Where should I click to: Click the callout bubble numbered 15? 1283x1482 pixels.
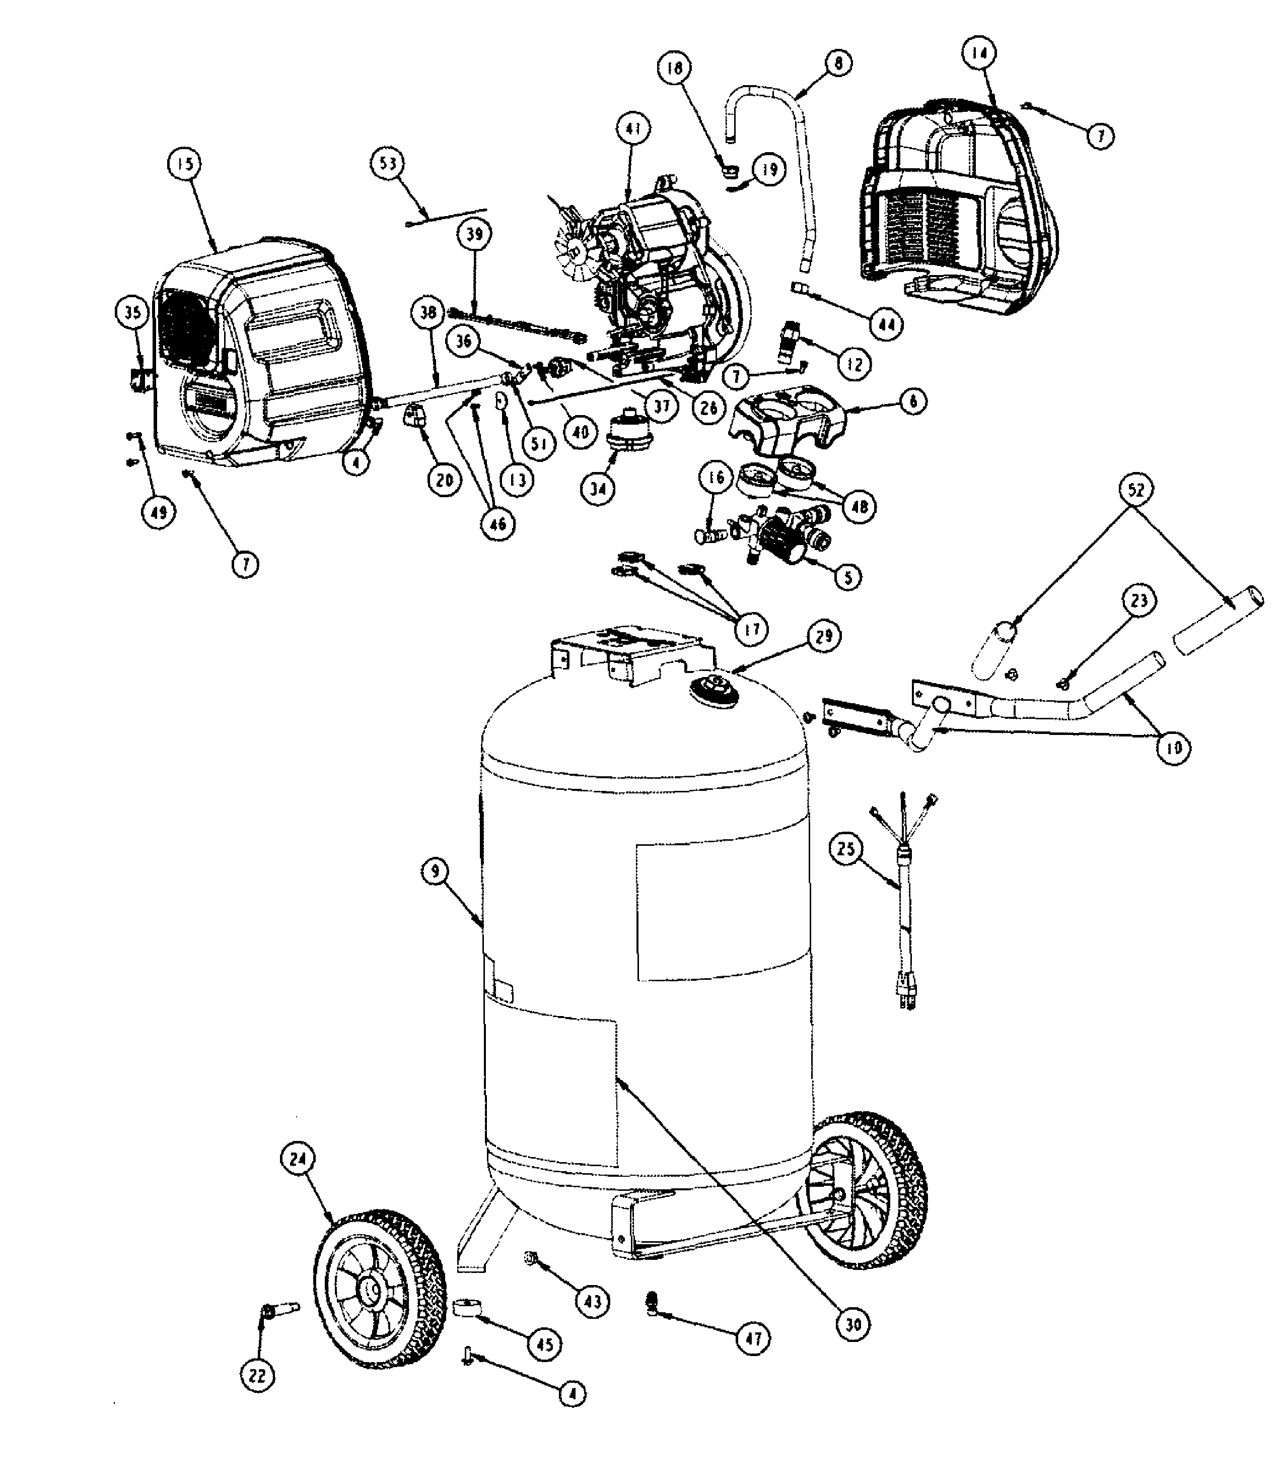(x=185, y=164)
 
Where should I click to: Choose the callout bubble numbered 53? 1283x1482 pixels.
(x=387, y=164)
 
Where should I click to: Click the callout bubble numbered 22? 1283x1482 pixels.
(x=258, y=1375)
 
